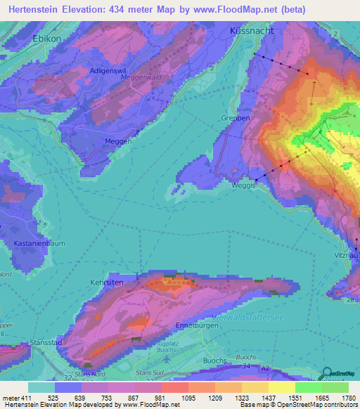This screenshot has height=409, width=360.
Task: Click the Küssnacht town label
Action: click(251, 32)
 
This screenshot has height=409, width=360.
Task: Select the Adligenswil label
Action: click(109, 71)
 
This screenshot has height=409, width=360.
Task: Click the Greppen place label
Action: click(236, 118)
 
